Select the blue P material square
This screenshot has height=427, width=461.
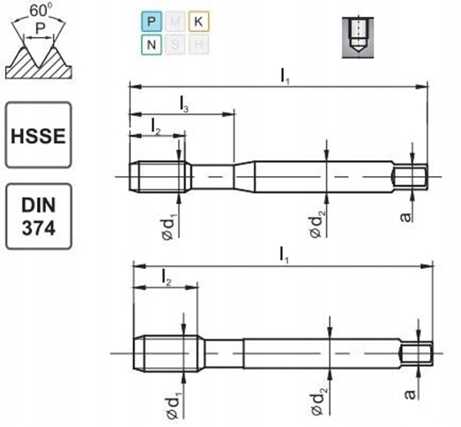coord(151,20)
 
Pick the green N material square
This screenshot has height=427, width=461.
coord(151,43)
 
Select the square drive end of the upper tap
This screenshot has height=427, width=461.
coord(411,177)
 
